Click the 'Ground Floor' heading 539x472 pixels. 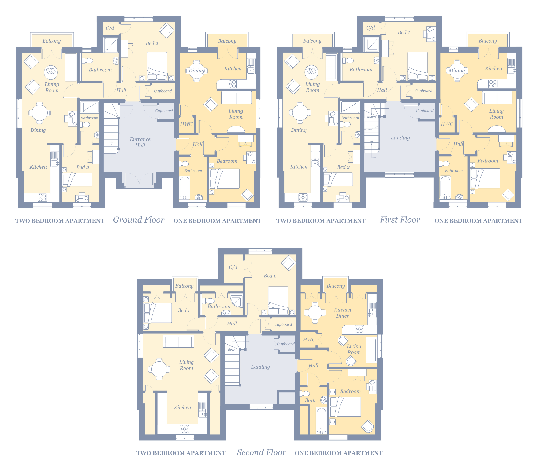139,220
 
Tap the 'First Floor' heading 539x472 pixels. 400,220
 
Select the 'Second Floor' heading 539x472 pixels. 261,452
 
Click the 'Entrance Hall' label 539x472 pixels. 140,142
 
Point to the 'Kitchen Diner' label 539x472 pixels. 342,313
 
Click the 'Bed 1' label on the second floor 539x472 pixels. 184,310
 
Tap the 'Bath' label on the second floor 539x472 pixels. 310,400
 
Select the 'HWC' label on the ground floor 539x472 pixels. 186,124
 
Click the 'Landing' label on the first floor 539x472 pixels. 400,138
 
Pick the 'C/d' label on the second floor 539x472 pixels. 233,267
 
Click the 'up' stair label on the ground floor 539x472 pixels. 111,142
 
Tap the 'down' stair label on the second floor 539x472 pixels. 232,349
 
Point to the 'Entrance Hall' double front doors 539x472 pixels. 139,180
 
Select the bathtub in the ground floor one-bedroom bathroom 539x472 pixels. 184,188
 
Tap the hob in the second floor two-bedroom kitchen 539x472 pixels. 184,429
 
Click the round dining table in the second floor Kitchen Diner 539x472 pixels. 315,313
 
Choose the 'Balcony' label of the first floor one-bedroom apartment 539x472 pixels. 488,41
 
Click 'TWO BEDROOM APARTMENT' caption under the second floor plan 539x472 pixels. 181,453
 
